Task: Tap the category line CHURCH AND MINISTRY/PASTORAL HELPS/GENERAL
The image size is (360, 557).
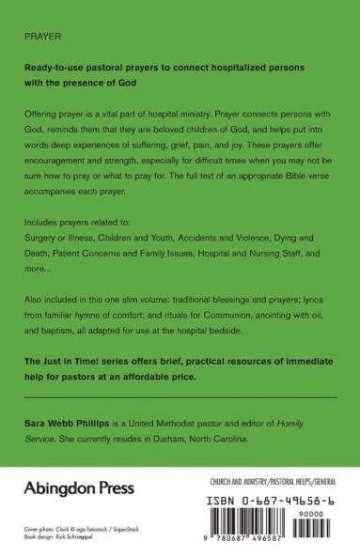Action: (x=273, y=481)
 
